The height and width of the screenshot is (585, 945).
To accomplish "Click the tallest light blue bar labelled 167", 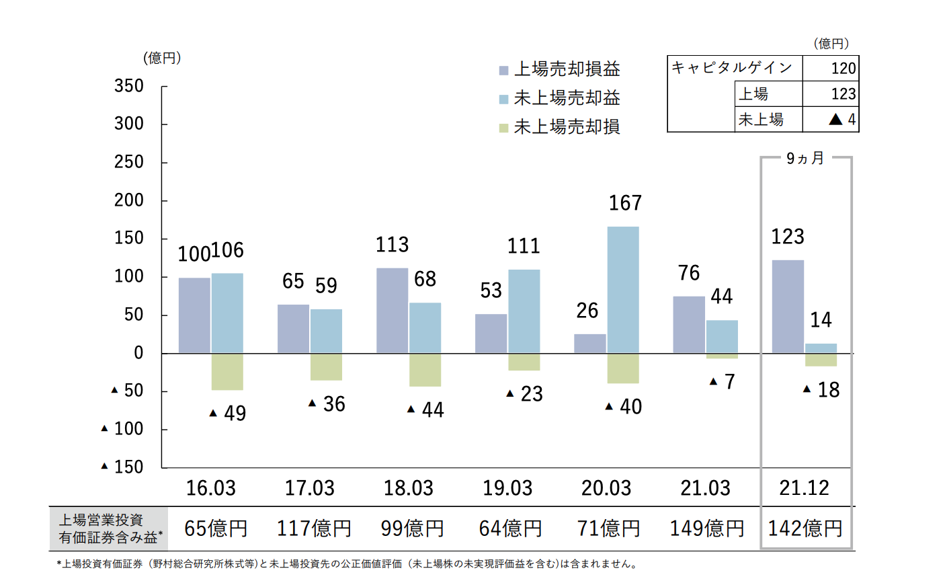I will tap(623, 290).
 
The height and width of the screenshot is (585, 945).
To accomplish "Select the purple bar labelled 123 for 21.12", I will tap(788, 307).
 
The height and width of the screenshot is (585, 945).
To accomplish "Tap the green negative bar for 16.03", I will tap(227, 372).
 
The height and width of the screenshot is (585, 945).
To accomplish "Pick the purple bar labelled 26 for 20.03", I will tap(590, 344).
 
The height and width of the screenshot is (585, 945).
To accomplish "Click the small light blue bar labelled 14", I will tap(821, 348).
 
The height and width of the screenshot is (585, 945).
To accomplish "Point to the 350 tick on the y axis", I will tap(129, 86).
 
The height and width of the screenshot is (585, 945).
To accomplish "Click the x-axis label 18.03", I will tap(409, 488).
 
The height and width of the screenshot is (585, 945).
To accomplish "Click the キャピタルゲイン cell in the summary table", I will tap(732, 68).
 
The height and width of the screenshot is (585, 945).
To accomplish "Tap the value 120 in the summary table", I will tap(843, 69).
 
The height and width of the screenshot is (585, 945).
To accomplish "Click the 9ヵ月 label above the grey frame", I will tap(805, 159).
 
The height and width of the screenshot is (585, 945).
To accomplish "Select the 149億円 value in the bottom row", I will tap(707, 529).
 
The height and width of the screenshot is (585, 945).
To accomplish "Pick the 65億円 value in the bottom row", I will tap(216, 529).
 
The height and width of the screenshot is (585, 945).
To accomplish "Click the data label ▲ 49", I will tap(228, 413).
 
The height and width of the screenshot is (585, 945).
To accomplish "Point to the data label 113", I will tap(392, 245).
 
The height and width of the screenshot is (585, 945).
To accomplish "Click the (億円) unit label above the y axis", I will tap(162, 58).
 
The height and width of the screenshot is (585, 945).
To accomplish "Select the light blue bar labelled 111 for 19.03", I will tap(524, 311).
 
